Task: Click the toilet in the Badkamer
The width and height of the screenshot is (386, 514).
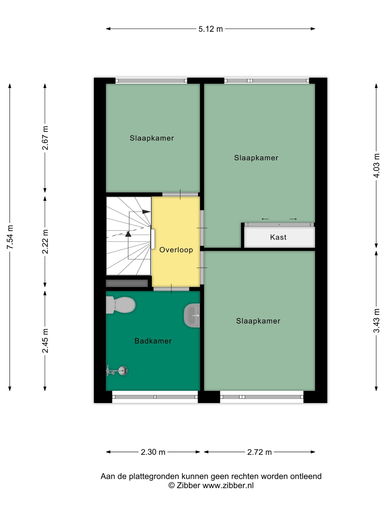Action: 121,305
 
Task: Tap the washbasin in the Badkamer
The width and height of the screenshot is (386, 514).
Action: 192,315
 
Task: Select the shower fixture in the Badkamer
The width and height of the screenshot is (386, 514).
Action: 117,370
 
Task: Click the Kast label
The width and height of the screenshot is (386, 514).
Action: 278,237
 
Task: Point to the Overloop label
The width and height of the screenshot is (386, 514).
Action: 176,250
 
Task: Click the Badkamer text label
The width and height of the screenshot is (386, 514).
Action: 153,341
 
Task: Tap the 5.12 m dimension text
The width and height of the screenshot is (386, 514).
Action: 211,29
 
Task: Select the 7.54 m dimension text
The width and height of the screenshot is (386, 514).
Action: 10,237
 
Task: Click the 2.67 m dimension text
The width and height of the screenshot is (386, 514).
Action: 45,138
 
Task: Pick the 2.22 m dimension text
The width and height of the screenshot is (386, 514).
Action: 45,241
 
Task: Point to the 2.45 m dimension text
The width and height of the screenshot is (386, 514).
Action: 45,341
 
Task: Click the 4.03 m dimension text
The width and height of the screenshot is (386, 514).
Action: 376,165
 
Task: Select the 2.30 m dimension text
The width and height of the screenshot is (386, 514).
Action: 153,452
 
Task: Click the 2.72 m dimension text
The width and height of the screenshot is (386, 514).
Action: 260,452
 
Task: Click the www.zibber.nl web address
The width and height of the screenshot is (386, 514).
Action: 228,485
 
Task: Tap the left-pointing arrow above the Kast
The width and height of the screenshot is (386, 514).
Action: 265,219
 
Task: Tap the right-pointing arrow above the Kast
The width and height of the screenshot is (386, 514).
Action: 293,219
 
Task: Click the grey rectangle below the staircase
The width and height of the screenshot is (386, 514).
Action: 127,283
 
